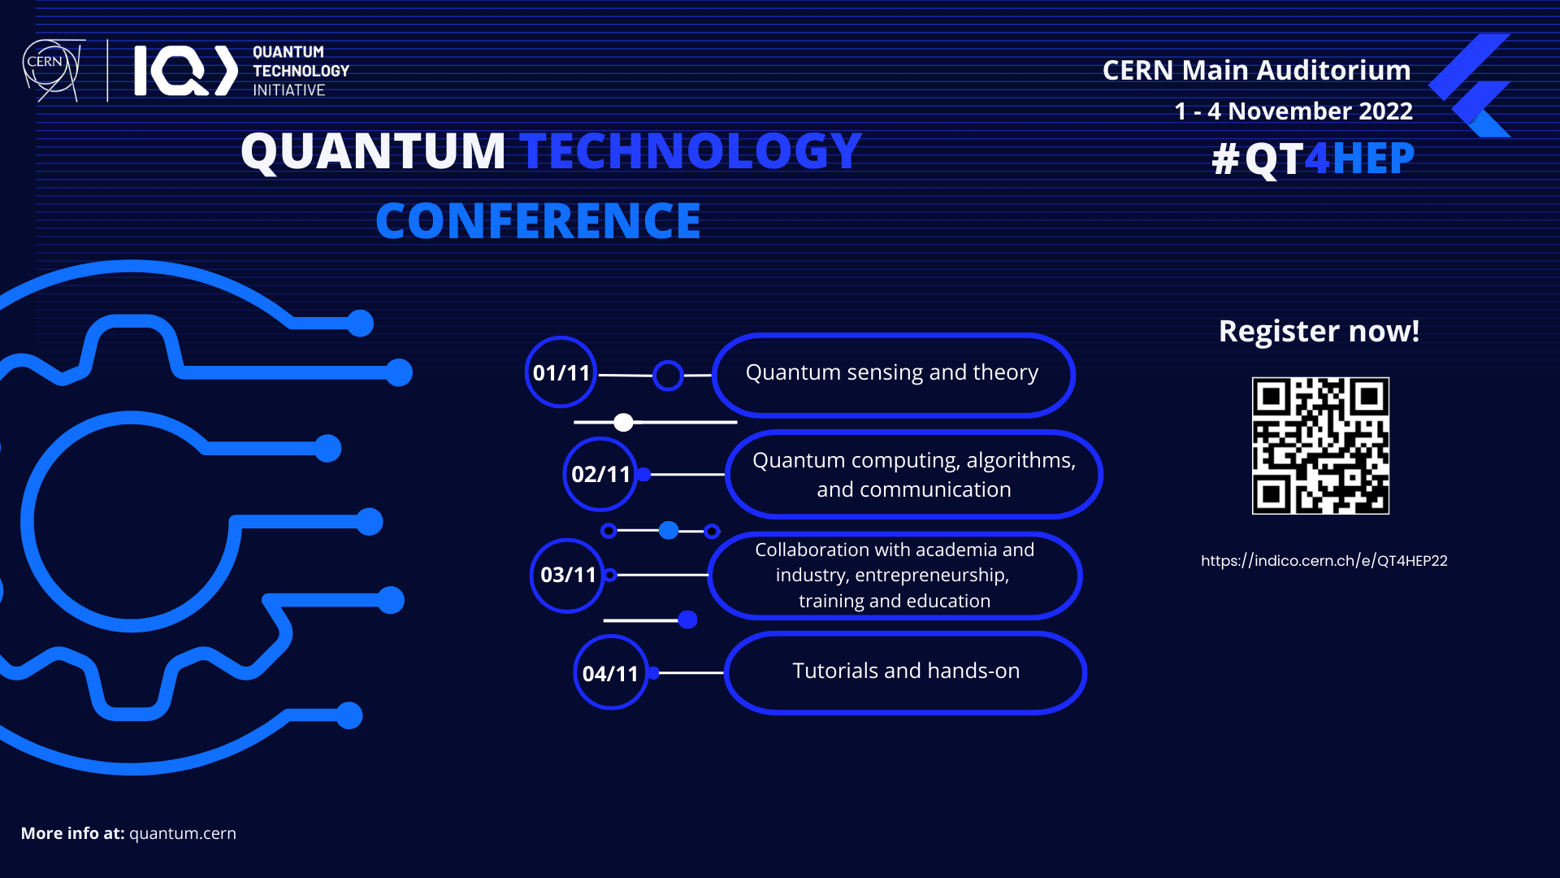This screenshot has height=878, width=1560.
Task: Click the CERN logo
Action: pos(52,70)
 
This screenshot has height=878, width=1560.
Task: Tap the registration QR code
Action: pos(1320,446)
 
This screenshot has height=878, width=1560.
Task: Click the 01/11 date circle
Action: pos(561,372)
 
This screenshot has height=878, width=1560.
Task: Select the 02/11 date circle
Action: pos(600,474)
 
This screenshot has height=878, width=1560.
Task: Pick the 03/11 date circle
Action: pos(567,575)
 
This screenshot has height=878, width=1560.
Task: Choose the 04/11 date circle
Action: pos(610,673)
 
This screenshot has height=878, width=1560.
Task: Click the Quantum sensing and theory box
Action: pos(893,374)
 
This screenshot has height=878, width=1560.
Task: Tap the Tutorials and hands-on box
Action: pos(905,672)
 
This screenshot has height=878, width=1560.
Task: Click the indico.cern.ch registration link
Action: pos(1324,561)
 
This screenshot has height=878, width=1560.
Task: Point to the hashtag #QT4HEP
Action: pos(1313,159)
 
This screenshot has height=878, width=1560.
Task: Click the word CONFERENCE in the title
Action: pos(538,221)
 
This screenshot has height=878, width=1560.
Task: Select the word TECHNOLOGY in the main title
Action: pos(691,151)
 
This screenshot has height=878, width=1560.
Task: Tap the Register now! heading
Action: pos(1319,332)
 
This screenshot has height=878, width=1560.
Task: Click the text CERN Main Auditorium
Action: pos(1256,71)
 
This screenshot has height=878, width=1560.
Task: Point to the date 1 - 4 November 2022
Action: pos(1293,111)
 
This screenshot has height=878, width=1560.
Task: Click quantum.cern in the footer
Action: pos(183,833)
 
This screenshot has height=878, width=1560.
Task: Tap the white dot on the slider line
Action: pos(623,422)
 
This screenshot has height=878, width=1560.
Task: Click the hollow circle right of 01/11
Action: pos(668,376)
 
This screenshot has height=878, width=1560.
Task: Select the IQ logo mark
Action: pos(186,71)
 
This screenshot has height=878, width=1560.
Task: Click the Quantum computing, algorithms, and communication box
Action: pos(913,475)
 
